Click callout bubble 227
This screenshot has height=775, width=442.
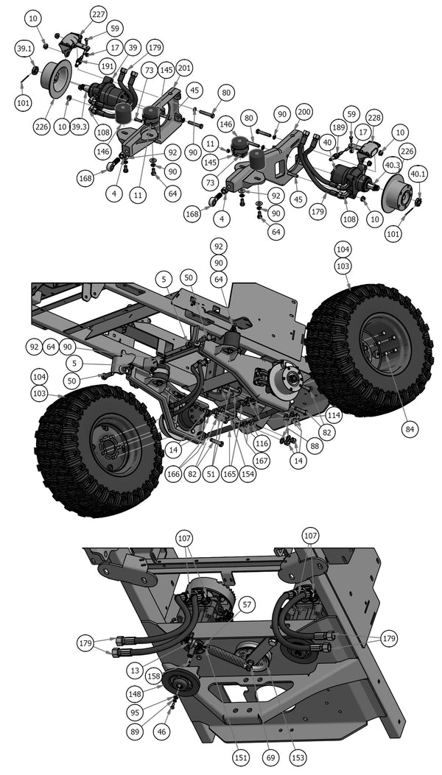pyautogui.click(x=98, y=14)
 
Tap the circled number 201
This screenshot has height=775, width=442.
pyautogui.click(x=184, y=68)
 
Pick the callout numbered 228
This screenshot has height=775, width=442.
pyautogui.click(x=375, y=118)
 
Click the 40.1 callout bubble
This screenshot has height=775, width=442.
pyautogui.click(x=418, y=174)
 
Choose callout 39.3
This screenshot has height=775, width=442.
pyautogui.click(x=80, y=128)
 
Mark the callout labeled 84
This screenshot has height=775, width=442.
pyautogui.click(x=409, y=428)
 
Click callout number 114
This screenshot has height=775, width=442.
pyautogui.click(x=334, y=415)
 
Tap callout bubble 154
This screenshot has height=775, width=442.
pyautogui.click(x=248, y=474)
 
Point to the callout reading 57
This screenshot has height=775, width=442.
pyautogui.click(x=247, y=605)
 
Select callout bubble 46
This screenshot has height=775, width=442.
pyautogui.click(x=161, y=732)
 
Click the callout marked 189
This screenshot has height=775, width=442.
pyautogui.click(x=337, y=128)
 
